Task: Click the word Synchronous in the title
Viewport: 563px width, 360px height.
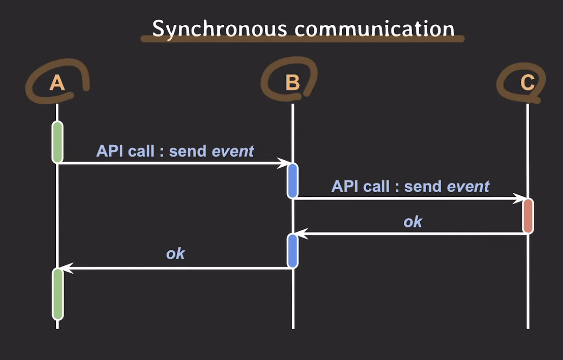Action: [219, 29]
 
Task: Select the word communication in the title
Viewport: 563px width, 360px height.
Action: [374, 29]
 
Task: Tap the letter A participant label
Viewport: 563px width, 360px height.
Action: [57, 83]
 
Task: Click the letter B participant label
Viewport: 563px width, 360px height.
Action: [292, 83]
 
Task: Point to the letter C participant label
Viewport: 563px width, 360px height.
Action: [527, 83]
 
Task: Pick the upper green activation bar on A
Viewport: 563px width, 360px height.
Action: [57, 142]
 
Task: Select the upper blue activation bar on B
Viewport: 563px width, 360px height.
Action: [292, 180]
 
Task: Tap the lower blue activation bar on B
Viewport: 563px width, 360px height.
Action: [292, 251]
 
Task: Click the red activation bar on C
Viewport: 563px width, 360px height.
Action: [528, 216]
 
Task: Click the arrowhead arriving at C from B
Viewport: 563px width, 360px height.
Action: [518, 198]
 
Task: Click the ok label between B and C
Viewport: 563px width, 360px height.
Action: [413, 222]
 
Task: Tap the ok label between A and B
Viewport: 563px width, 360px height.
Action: [175, 253]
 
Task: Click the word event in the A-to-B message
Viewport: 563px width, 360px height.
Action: [233, 151]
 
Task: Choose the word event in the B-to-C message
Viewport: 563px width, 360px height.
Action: [468, 187]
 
